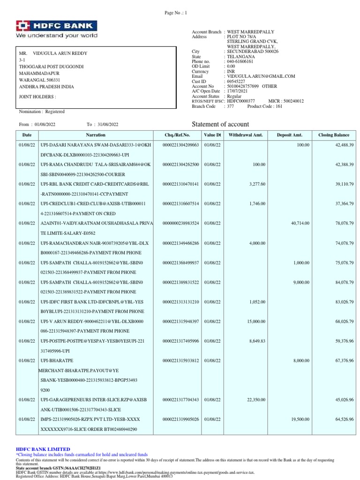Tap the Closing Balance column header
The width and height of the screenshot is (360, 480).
click(334, 135)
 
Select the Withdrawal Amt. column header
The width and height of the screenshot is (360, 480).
click(246, 135)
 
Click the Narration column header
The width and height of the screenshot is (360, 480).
click(96, 135)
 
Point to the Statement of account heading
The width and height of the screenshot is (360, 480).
click(221, 124)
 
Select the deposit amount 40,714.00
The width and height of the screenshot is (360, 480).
click(300, 223)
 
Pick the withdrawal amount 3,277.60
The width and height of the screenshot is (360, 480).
click(256, 184)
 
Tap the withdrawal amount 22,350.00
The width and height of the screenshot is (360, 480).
click(254, 399)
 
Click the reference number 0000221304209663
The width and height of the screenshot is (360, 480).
click(180, 145)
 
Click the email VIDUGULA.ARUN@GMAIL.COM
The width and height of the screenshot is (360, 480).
click(261, 76)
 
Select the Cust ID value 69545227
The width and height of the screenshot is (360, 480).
click(237, 81)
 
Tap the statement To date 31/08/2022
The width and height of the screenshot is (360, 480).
click(108, 124)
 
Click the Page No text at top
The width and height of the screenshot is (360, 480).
click(175, 13)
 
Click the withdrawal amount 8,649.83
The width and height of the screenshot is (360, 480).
click(256, 341)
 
